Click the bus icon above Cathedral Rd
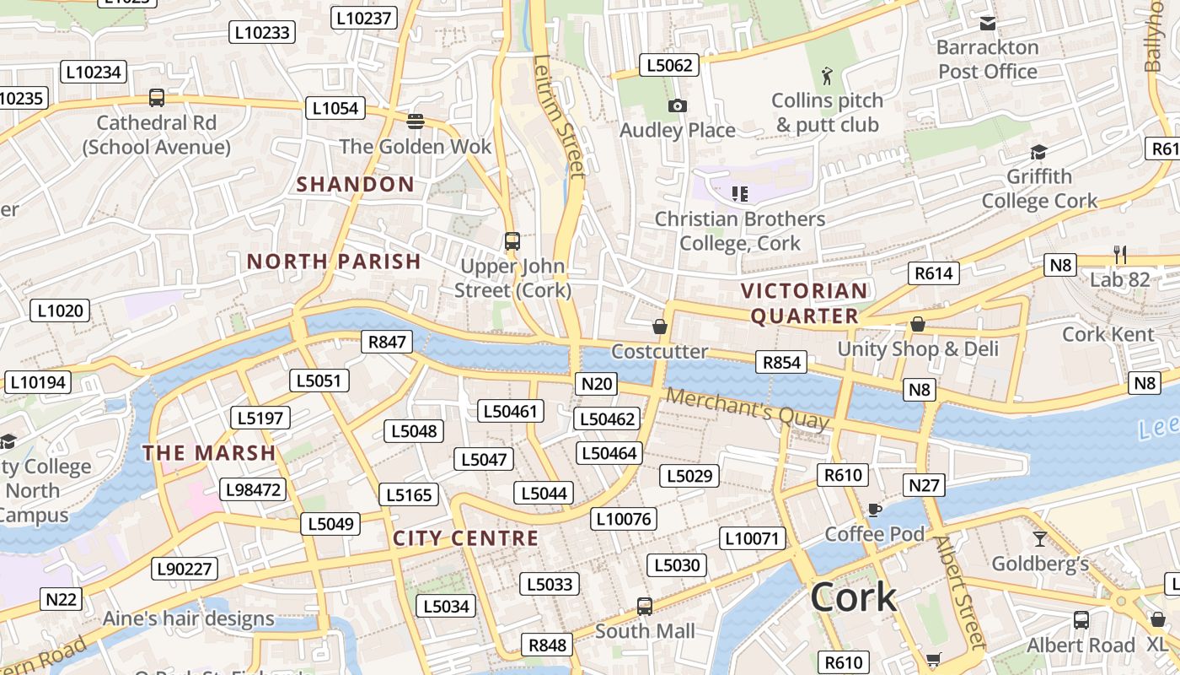pos(157,98)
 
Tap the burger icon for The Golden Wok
pos(415,121)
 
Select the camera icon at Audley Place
pos(677,106)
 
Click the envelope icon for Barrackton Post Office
pos(988,24)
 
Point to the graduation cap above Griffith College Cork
pos(1038,153)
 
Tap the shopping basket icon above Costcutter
pos(660,327)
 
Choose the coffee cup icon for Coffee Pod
pos(874,510)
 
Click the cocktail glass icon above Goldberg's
pos(1039,539)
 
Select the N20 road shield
pos(597,384)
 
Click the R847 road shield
pos(388,342)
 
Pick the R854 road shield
pos(780,362)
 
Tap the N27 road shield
pos(925,485)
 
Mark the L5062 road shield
pos(669,65)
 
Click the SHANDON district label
pos(356,184)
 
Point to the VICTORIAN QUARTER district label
pos(804,304)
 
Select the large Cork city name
pos(853,597)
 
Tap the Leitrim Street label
pos(559,116)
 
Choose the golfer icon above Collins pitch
pos(828,76)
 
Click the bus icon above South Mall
pos(645,606)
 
